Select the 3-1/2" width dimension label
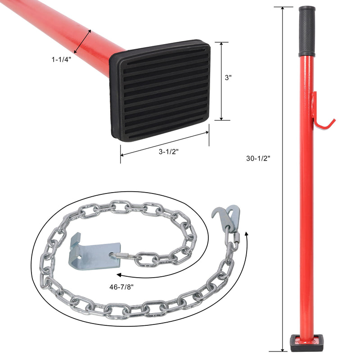[169, 152]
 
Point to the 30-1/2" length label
[258, 158]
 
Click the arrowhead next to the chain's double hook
[247, 234]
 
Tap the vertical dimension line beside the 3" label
[221, 81]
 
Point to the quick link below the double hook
[234, 241]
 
